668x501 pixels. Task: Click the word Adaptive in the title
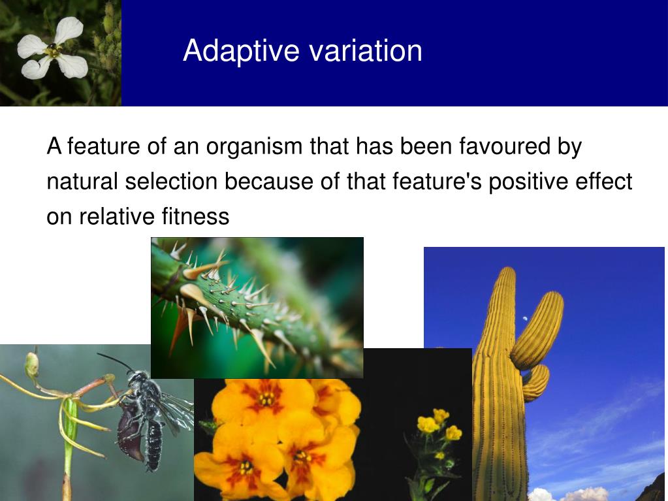pyautogui.click(x=241, y=51)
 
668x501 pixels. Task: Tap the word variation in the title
pyautogui.click(x=366, y=50)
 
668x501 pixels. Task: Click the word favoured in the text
pyautogui.click(x=504, y=146)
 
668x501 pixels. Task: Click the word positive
pyautogui.click(x=528, y=182)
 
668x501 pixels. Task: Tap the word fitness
pyautogui.click(x=195, y=216)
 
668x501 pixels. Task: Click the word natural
pyautogui.click(x=82, y=181)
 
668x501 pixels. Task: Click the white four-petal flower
pyautogui.click(x=52, y=49)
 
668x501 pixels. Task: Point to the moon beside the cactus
pyautogui.click(x=525, y=318)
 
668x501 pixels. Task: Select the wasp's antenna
pyautogui.click(x=115, y=361)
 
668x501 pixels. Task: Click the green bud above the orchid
pyautogui.click(x=31, y=365)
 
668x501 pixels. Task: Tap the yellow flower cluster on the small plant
pyautogui.click(x=439, y=425)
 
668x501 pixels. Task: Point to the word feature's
pyautogui.click(x=437, y=181)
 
